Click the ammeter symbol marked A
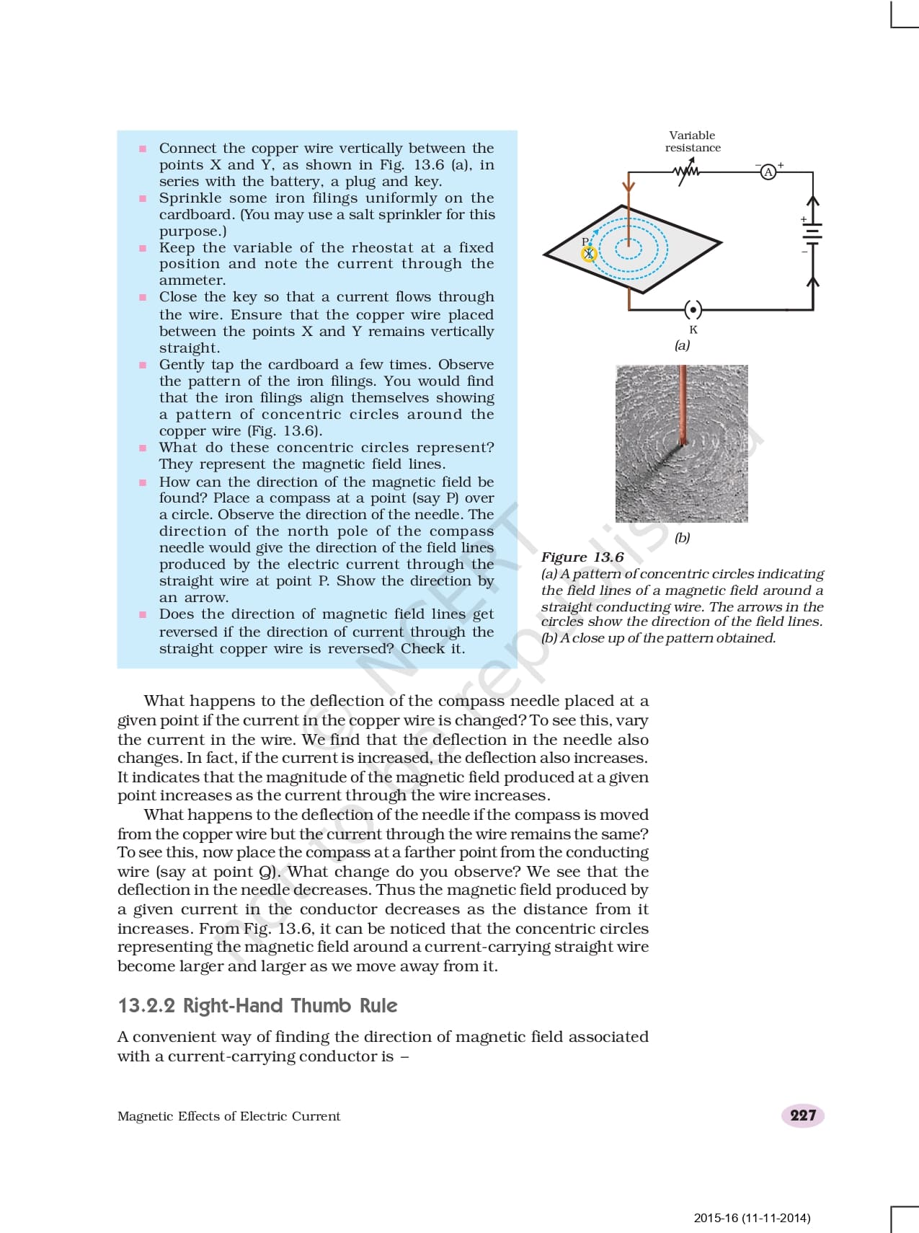pos(768,172)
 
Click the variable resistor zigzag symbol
pos(685,172)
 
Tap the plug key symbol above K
pos(693,310)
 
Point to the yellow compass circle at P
pos(589,253)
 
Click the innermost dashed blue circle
pos(628,247)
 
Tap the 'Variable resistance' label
pos(693,141)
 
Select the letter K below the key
pos(693,330)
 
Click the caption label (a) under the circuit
pos(682,345)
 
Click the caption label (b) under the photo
pos(682,537)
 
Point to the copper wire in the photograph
pos(682,404)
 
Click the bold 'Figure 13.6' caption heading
pos(582,557)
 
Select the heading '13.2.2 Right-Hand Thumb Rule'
pos(257,1005)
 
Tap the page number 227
pos(802,1115)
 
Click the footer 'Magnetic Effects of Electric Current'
pos(228,1116)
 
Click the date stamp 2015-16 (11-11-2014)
pos(752,1218)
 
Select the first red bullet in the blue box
pos(143,149)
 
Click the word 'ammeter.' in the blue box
pos(192,280)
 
